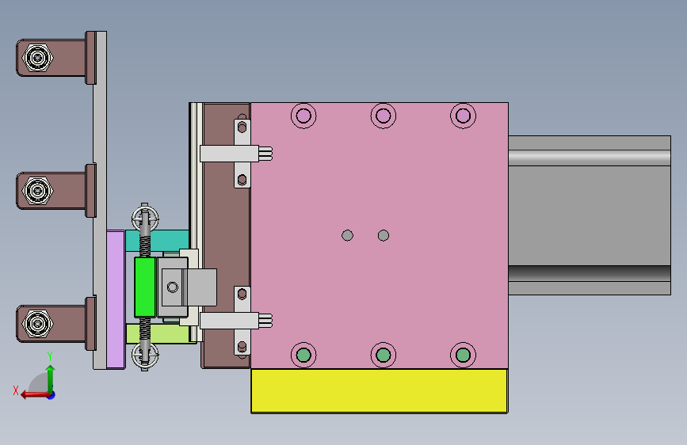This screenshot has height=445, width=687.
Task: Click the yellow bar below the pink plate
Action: [x=380, y=390]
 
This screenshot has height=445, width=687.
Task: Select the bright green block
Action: [x=145, y=287]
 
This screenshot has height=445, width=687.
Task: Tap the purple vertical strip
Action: [x=116, y=299]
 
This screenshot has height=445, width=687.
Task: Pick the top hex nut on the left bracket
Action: [x=38, y=57]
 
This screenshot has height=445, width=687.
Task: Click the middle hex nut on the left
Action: [x=38, y=191]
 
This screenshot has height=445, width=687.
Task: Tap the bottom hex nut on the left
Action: [x=38, y=324]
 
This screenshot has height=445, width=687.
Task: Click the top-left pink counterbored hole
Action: [x=303, y=116]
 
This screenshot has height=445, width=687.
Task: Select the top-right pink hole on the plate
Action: [x=463, y=116]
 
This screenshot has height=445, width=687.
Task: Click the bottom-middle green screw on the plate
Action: [x=384, y=355]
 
